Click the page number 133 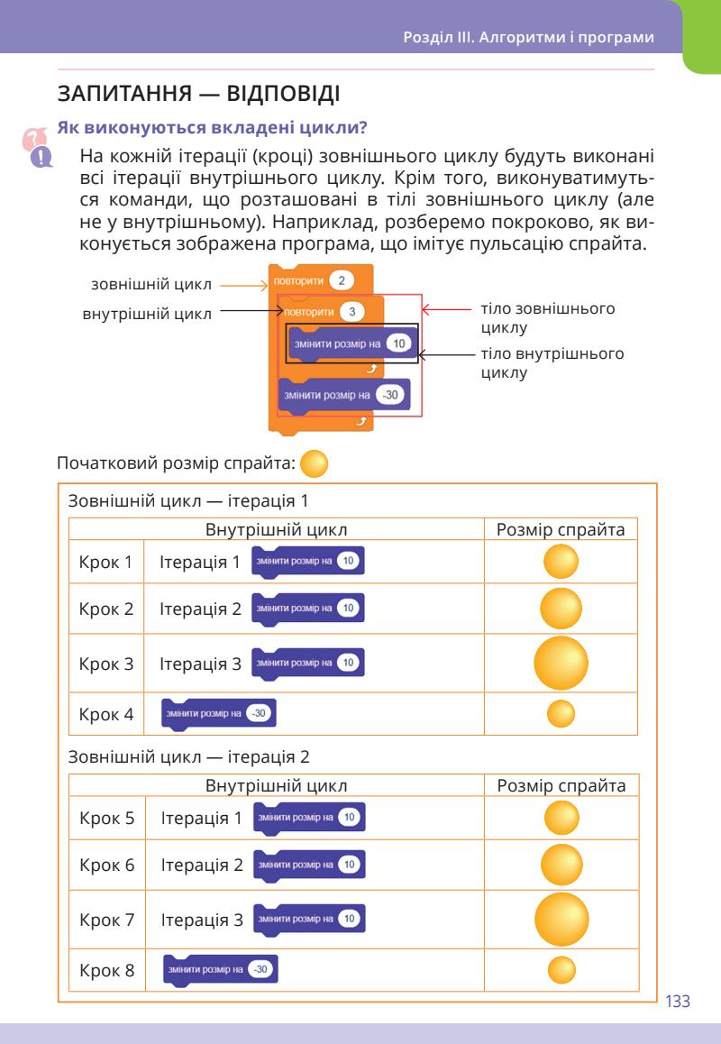[x=677, y=1001]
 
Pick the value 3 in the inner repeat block [x=354, y=312]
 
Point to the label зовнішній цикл [x=151, y=285]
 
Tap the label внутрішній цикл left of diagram [x=147, y=314]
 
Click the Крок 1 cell [x=105, y=563]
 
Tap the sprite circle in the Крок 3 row [x=561, y=664]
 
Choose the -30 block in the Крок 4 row [x=218, y=713]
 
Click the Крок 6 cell [x=106, y=865]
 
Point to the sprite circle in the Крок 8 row [x=561, y=970]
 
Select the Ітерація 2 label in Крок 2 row [x=200, y=609]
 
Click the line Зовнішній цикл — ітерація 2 [x=195, y=756]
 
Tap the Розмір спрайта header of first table [x=561, y=529]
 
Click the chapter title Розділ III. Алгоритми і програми [x=528, y=39]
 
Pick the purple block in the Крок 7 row [x=310, y=919]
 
